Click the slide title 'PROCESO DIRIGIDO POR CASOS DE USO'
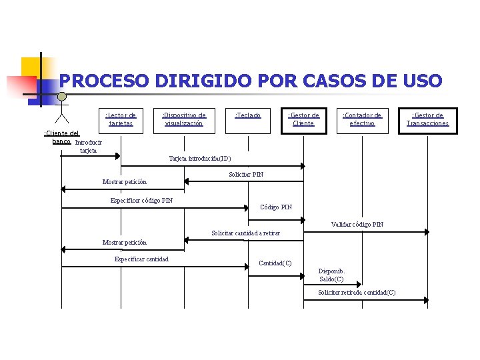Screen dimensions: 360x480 [250, 81]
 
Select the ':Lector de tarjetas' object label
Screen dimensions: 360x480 [121, 119]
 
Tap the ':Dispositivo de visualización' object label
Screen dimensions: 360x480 [185, 119]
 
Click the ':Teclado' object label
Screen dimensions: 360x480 [248, 115]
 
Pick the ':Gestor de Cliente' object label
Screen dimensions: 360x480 [303, 119]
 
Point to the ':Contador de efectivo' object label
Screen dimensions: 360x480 [362, 119]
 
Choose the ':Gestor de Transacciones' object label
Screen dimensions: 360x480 [428, 119]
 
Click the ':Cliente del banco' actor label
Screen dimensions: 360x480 [61, 137]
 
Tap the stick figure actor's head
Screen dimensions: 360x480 [61, 97]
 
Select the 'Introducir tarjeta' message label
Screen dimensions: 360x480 [88, 146]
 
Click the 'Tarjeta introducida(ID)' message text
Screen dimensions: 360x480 [200, 159]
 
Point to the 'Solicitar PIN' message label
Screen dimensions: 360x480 [246, 175]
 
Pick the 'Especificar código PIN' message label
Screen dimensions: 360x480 [141, 200]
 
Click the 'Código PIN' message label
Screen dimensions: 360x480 [275, 207]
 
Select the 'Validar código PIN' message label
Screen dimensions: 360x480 [357, 225]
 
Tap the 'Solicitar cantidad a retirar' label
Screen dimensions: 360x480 [245, 233]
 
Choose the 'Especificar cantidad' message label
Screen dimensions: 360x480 [141, 259]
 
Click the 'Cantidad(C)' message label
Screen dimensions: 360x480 [275, 263]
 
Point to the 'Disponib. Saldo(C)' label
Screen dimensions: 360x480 [332, 275]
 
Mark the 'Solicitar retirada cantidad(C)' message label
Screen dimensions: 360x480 [357, 293]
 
